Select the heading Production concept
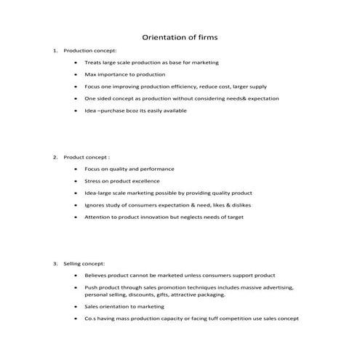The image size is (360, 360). pos(90,51)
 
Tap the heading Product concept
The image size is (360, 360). pos(87,157)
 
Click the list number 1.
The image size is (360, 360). pos(55,51)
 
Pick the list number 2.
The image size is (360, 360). pos(55,157)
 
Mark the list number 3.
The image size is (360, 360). pos(55,263)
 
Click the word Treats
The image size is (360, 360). pos(92,63)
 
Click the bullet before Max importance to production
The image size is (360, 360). pos(76,74)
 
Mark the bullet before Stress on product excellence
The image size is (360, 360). pos(76,180)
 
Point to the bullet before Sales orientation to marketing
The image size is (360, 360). pos(76,306)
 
